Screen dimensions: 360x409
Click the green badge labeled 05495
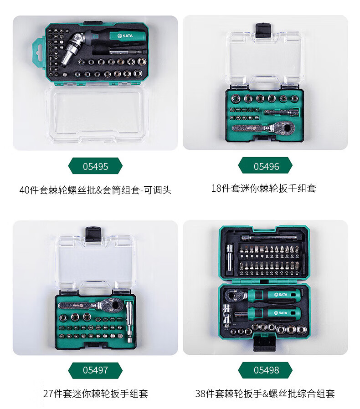tap(95, 166)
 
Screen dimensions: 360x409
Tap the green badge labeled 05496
tap(265, 166)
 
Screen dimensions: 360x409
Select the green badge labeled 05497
tap(95, 370)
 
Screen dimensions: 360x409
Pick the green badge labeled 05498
tap(265, 370)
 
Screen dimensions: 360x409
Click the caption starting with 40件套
tap(95, 190)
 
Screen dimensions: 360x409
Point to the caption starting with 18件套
tap(264, 188)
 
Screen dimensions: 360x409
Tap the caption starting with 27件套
tap(96, 394)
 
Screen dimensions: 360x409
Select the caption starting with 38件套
tap(265, 394)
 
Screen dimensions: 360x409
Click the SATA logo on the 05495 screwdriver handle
tap(125, 36)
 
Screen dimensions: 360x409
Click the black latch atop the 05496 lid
tap(263, 30)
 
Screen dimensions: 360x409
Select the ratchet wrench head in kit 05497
tap(112, 304)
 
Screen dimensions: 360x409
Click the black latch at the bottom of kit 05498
tap(264, 343)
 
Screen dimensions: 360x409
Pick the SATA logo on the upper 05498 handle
tap(281, 295)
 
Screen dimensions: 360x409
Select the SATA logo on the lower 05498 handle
tap(281, 313)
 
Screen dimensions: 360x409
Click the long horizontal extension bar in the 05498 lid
tap(269, 237)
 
